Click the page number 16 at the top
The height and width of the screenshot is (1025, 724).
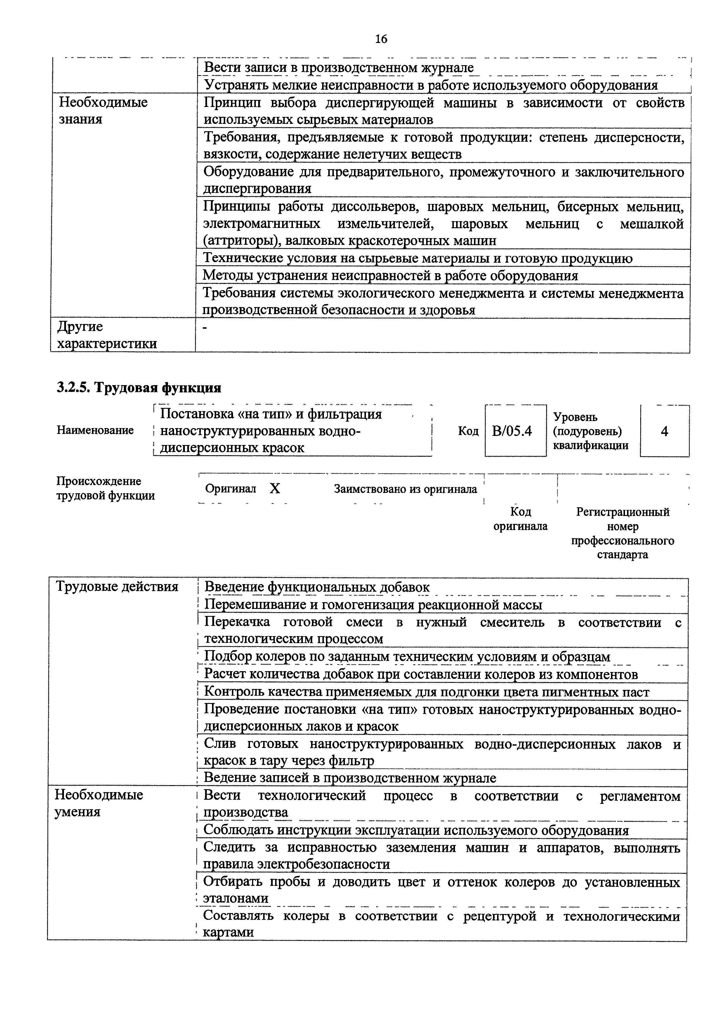click(381, 39)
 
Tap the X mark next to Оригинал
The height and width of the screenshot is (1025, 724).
click(275, 489)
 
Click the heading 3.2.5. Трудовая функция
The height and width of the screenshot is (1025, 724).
click(139, 387)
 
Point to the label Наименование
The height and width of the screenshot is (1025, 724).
click(95, 430)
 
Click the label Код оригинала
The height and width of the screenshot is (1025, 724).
click(520, 519)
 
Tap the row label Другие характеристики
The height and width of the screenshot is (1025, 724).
click(107, 335)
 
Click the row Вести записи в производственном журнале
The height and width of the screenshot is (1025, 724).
click(338, 68)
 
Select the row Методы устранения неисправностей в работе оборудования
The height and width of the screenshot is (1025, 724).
click(390, 276)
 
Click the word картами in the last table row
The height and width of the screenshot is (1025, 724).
click(228, 932)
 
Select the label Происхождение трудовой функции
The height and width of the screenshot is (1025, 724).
click(105, 488)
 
